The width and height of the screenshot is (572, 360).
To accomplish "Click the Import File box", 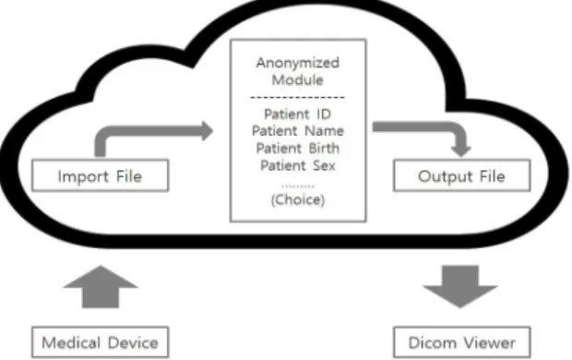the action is pyautogui.click(x=101, y=175).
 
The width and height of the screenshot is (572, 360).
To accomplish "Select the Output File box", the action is pyautogui.click(x=462, y=175).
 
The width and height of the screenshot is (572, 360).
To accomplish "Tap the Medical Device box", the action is pyautogui.click(x=101, y=342).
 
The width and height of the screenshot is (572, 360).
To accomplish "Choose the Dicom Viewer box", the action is pyautogui.click(x=462, y=342).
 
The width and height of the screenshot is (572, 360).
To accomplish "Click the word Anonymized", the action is pyautogui.click(x=298, y=63).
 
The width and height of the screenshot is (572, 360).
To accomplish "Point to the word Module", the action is pyautogui.click(x=298, y=79).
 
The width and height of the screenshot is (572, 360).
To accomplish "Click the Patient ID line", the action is pyautogui.click(x=298, y=114).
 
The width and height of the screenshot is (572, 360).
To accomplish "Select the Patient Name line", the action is pyautogui.click(x=298, y=131).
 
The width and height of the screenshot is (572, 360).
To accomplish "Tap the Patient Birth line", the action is pyautogui.click(x=298, y=149).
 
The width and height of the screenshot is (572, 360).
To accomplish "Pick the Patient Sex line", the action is pyautogui.click(x=298, y=165).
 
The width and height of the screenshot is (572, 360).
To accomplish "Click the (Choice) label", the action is pyautogui.click(x=298, y=199).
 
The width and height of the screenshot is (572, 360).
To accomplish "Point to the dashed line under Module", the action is pyautogui.click(x=297, y=98).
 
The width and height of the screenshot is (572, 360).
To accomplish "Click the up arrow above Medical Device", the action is pyautogui.click(x=101, y=286).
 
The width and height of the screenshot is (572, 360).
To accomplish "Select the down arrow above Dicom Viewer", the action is pyautogui.click(x=460, y=286).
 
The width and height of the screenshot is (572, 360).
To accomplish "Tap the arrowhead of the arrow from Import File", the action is pyautogui.click(x=208, y=131).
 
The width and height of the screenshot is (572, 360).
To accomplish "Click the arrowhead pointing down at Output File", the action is pyautogui.click(x=460, y=151).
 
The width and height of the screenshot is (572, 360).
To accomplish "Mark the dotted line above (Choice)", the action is pyautogui.click(x=298, y=186).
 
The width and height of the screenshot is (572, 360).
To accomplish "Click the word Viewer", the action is pyautogui.click(x=489, y=342).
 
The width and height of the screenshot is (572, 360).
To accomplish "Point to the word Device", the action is pyautogui.click(x=133, y=342).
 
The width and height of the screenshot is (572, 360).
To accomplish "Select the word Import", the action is pyautogui.click(x=84, y=176).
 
